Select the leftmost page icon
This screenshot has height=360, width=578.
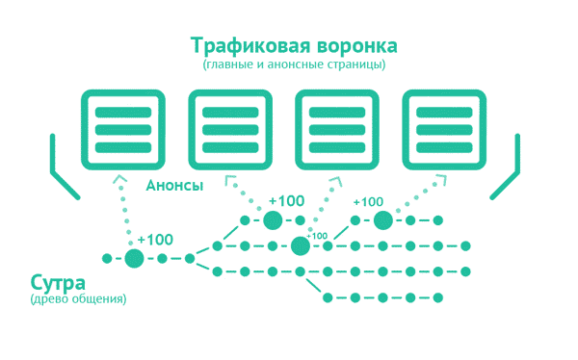click(120, 126)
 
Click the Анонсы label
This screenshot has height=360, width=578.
click(173, 185)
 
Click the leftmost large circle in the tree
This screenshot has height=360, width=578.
click(134, 258)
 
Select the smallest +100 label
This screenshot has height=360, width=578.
click(317, 235)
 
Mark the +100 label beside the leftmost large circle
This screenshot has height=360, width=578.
click(155, 239)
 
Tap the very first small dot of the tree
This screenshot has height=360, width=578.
click(107, 258)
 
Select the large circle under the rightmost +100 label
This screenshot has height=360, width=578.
click(383, 220)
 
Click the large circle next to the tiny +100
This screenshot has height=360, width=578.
click(301, 245)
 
